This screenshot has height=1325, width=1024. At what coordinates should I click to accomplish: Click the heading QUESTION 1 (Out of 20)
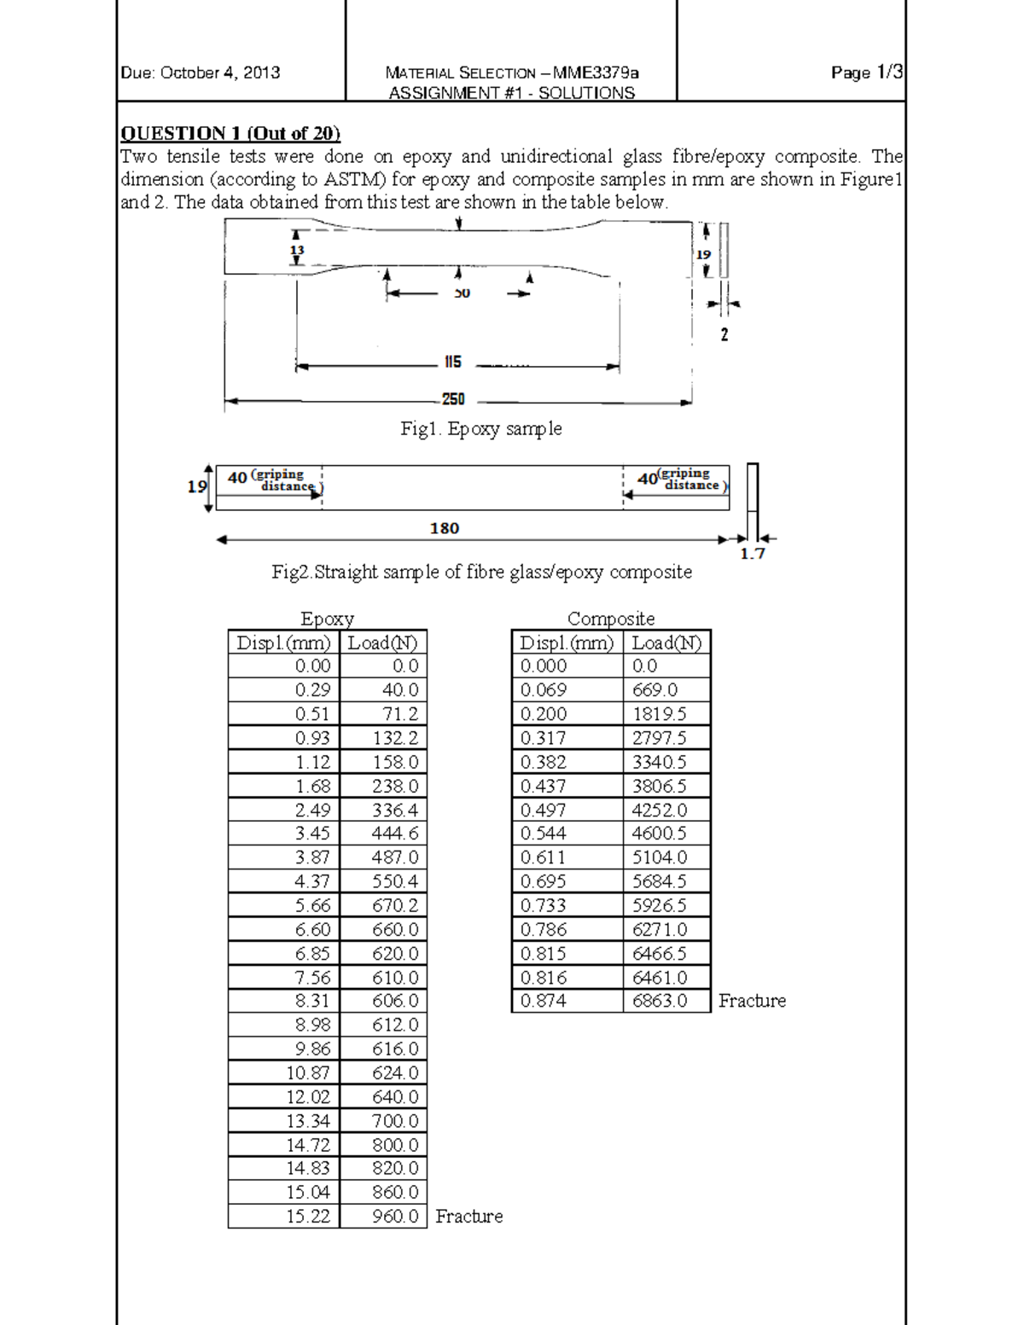(230, 133)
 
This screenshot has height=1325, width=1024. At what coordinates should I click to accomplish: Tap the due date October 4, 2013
(201, 73)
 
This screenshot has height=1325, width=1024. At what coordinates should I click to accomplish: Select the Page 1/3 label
(866, 73)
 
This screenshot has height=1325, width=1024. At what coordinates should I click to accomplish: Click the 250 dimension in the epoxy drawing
(453, 399)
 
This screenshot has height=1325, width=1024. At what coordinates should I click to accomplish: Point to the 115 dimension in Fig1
(452, 363)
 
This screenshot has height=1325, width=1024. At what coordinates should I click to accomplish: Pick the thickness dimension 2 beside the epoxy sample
(724, 335)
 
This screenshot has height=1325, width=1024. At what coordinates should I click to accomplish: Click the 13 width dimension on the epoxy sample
(297, 250)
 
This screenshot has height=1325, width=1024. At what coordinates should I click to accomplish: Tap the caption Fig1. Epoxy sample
(481, 428)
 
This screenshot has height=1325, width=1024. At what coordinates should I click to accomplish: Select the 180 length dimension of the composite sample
(445, 528)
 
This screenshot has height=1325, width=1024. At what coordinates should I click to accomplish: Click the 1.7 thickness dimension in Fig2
(752, 554)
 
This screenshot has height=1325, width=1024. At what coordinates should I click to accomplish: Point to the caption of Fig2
(481, 572)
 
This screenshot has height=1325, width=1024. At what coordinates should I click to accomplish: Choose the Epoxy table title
(327, 619)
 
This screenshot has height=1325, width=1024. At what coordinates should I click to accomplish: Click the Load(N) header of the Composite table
(666, 642)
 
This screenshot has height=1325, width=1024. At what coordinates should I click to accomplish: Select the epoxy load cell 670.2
(395, 905)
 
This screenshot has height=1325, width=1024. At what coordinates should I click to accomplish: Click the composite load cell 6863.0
(660, 1001)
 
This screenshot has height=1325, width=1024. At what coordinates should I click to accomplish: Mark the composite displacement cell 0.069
(544, 690)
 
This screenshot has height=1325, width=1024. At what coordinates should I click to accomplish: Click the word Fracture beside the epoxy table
(468, 1216)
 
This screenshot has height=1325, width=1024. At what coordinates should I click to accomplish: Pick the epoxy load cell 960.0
(395, 1216)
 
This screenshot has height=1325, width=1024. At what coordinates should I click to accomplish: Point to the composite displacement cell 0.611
(543, 857)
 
